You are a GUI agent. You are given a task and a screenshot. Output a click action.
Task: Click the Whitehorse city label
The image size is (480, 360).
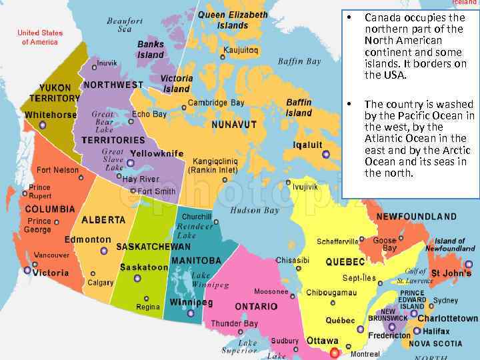(x=51, y=115)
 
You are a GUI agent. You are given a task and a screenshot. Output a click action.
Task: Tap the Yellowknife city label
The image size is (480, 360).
(x=157, y=153)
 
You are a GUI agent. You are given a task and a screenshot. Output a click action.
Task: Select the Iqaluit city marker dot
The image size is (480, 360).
(x=326, y=155)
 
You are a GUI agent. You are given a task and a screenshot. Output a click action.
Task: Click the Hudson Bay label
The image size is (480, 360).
(x=255, y=211)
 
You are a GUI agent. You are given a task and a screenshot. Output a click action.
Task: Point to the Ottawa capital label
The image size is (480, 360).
(x=322, y=341)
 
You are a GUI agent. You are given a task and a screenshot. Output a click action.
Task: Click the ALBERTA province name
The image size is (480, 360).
(x=103, y=219)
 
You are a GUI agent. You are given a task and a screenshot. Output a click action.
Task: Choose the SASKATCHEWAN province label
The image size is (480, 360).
(x=153, y=247)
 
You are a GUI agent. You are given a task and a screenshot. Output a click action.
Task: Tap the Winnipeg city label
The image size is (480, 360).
(x=191, y=303)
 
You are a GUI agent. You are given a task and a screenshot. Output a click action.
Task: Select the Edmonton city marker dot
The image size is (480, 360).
(x=103, y=251)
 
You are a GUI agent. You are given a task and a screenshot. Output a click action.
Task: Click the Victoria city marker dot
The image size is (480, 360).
(x=27, y=270)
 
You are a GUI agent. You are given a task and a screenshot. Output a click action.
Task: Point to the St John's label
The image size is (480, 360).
(x=451, y=273)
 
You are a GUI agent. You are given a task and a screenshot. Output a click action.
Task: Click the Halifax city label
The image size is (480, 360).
(x=436, y=331)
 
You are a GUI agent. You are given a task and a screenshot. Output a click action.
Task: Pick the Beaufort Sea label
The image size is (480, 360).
(x=125, y=25)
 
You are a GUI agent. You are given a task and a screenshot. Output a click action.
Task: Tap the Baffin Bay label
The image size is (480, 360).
(x=299, y=61)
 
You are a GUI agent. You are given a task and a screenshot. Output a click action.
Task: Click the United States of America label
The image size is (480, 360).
(x=40, y=37)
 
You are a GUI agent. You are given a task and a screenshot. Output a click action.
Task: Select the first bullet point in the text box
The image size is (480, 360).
(x=349, y=17)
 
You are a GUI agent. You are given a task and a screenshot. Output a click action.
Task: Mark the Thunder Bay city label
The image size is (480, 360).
(x=234, y=323)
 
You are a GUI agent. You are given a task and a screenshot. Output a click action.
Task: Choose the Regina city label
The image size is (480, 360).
(x=148, y=307)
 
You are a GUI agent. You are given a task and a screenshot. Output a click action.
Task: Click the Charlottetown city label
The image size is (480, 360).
(x=448, y=319)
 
